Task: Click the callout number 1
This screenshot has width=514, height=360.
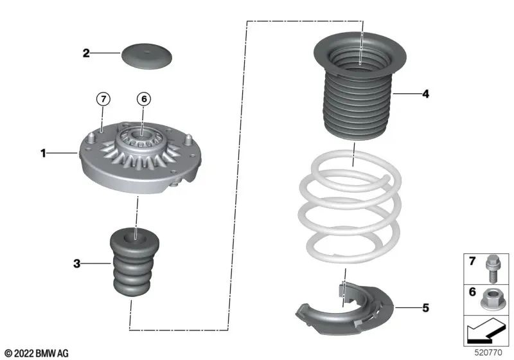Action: pos(43,153)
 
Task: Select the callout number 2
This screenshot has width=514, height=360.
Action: pos(85,53)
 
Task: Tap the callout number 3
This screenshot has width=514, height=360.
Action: pos(76,263)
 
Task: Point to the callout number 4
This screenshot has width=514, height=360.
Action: pos(425,94)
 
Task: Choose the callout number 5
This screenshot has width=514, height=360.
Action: pos(425,307)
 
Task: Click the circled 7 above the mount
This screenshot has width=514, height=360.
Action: pos(103,98)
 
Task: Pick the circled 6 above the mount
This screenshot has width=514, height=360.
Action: pos(144,98)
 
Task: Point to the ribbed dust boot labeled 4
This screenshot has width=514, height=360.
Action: pos(360,96)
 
